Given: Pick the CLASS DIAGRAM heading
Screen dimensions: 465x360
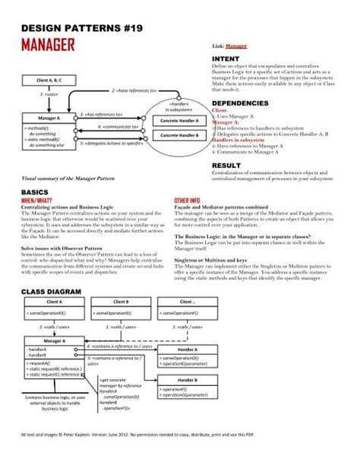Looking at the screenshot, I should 50,291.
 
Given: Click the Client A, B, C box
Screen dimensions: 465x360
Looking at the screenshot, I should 45,78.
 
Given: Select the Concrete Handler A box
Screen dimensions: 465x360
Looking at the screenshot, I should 174,121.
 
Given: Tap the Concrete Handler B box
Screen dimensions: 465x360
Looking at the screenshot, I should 174,135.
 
